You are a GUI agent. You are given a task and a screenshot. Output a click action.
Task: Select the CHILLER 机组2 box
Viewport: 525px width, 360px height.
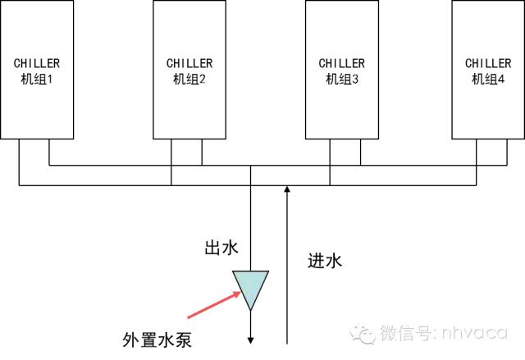pos(189,70)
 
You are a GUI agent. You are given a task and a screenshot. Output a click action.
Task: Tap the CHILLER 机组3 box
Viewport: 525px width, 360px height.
pos(342,70)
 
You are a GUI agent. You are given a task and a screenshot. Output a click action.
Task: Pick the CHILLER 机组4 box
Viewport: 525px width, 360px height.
pos(488,70)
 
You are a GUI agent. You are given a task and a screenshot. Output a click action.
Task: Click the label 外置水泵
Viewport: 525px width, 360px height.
pos(157,339)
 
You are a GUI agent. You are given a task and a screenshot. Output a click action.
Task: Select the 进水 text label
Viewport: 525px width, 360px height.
pos(324,262)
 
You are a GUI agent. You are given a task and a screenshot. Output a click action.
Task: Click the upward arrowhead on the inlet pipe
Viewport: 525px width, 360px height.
pos(286,192)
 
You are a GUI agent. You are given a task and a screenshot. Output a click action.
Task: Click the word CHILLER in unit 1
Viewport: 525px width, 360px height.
pos(36,62)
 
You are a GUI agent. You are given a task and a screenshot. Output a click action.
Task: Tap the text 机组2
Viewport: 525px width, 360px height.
pos(189,79)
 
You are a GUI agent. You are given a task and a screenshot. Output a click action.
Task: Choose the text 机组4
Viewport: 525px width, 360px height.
pos(489,79)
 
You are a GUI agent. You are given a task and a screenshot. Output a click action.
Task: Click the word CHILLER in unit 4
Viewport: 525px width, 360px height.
pos(489,62)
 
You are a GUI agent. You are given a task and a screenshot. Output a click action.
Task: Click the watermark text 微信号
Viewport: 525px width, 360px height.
pos(400,334)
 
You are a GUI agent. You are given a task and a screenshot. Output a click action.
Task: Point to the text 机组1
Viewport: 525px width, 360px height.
pos(36,79)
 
